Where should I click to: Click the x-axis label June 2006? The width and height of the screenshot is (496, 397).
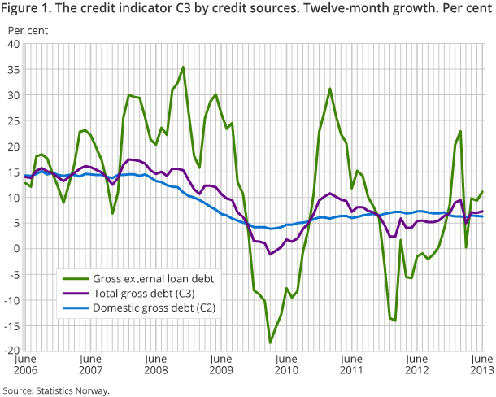tap(24, 365)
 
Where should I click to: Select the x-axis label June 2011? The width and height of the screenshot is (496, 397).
tap(350, 365)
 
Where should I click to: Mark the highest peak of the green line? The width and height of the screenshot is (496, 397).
tap(183, 67)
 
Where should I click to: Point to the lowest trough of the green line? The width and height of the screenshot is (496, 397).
tap(271, 342)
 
